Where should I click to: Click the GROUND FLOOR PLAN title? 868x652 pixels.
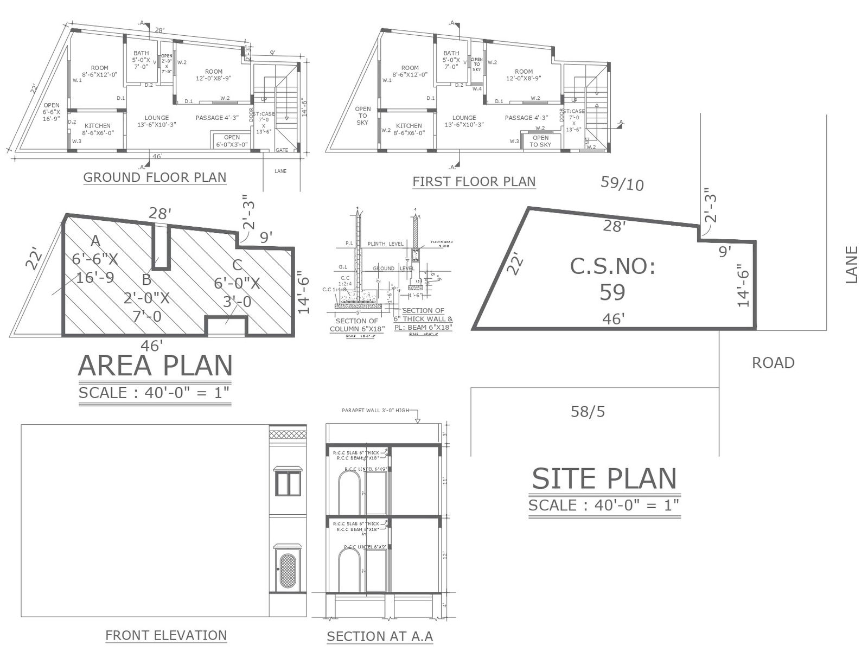pos(155,177)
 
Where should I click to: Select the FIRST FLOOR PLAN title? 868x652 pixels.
pos(474,182)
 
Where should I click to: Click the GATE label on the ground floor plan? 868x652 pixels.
pos(282,150)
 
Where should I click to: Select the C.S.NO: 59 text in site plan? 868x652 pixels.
pos(612,279)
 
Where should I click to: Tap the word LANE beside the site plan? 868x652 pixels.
pos(852,265)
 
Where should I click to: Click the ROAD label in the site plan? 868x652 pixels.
pos(773,363)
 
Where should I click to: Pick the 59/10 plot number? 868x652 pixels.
pos(622,184)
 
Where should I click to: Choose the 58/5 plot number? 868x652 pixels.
pos(588,412)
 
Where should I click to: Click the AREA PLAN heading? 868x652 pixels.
pos(155,366)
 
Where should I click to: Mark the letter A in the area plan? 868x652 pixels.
pos(95,241)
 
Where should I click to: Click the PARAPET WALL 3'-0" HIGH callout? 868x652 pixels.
pos(375,411)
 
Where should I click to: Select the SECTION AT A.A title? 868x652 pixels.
pos(380,636)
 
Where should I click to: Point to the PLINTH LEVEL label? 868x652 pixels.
pos(385,244)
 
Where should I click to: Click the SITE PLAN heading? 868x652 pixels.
pos(604,479)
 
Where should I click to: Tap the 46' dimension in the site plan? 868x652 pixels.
pos(613,319)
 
